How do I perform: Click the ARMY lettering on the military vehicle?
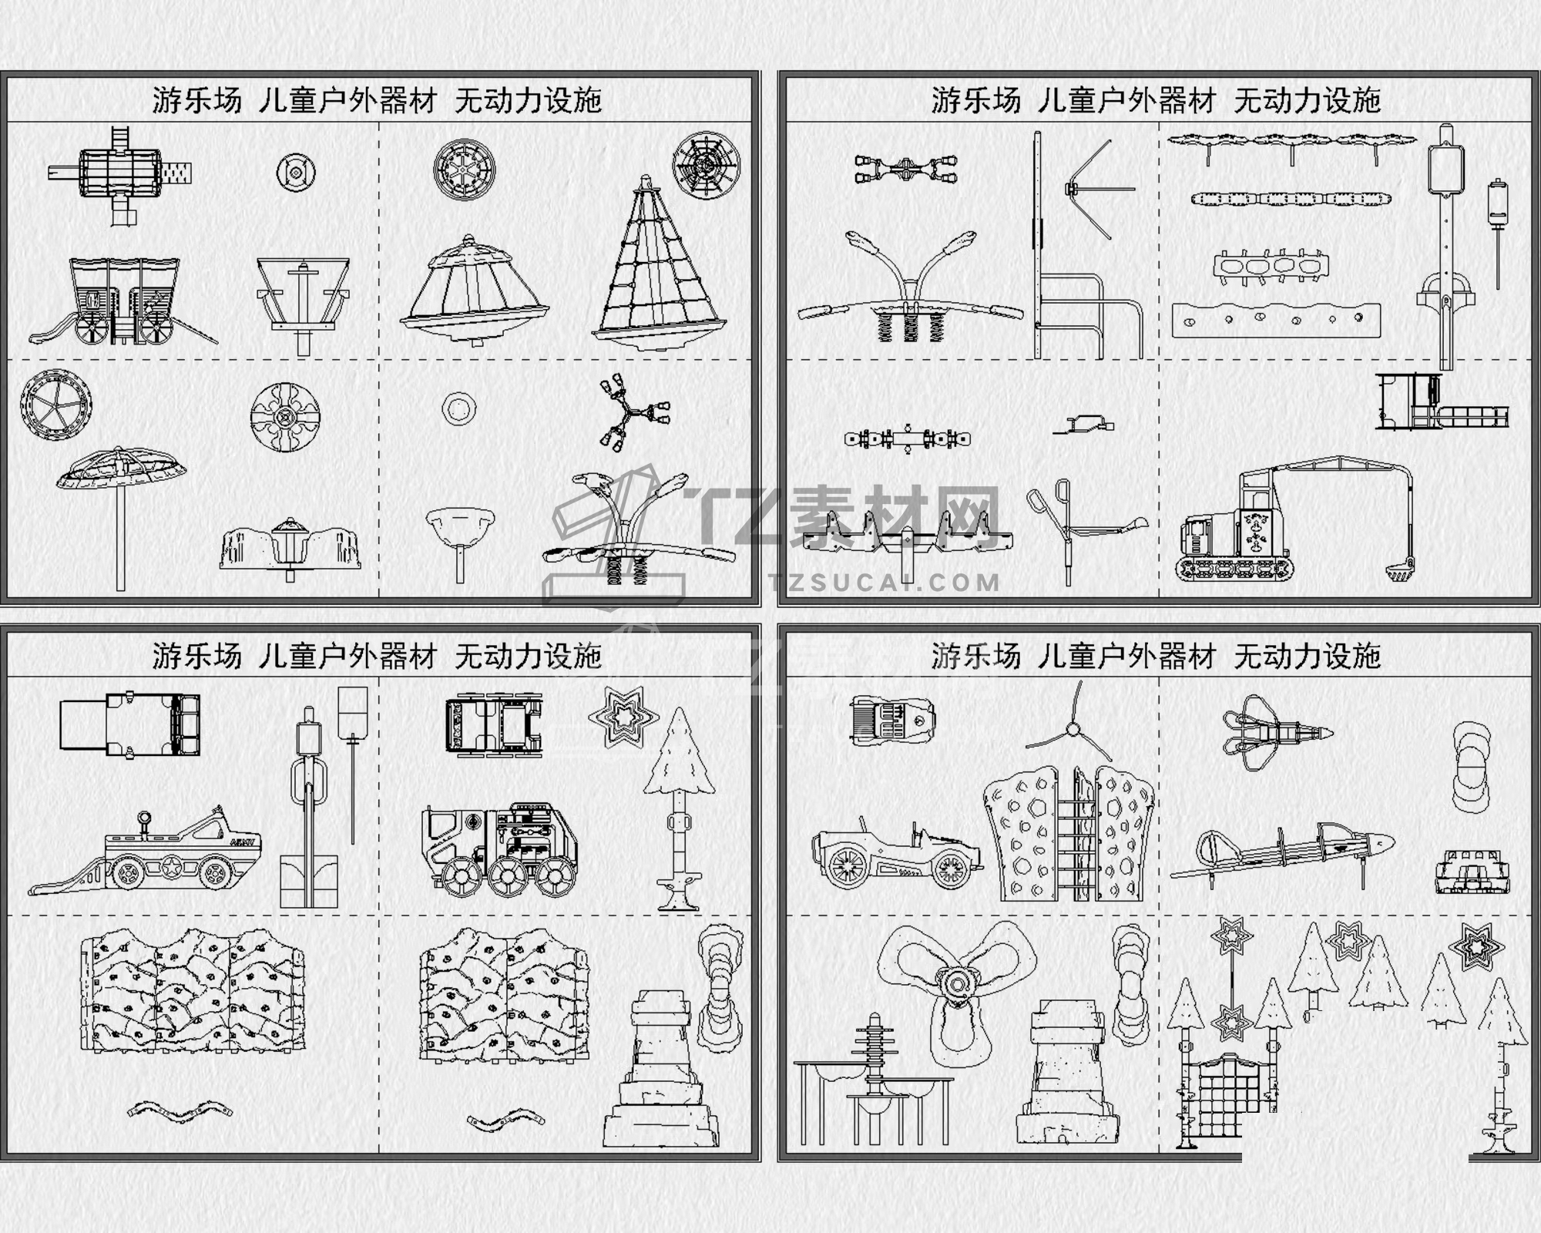(244, 842)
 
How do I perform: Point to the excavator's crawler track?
(1237, 569)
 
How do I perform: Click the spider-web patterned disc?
(706, 165)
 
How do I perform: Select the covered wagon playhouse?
(123, 301)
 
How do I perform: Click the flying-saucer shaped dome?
(474, 290)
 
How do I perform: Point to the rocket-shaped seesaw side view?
(1283, 851)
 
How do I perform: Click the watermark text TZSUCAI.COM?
(884, 583)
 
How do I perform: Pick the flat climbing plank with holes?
(1276, 321)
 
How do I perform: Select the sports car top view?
(892, 719)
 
